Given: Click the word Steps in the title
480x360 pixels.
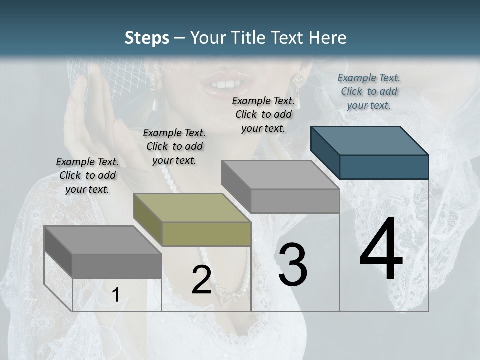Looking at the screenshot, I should pyautogui.click(x=147, y=38).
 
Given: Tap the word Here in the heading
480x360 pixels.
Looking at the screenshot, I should pyautogui.click(x=328, y=38).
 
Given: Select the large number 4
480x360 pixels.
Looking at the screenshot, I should pyautogui.click(x=381, y=250).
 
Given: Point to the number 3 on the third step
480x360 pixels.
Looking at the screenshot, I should pyautogui.click(x=292, y=264).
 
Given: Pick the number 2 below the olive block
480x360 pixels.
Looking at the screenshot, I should pyautogui.click(x=201, y=280).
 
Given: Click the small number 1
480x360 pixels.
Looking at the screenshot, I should pyautogui.click(x=115, y=295).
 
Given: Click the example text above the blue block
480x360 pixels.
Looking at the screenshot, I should pyautogui.click(x=369, y=91).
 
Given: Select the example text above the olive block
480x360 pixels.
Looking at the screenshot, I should pyautogui.click(x=174, y=146).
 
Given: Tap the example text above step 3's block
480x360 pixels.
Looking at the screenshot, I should pyautogui.click(x=263, y=114).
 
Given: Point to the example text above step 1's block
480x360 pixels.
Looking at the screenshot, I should pyautogui.click(x=87, y=175).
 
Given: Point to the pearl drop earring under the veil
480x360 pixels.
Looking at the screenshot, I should pyautogui.click(x=155, y=104).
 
